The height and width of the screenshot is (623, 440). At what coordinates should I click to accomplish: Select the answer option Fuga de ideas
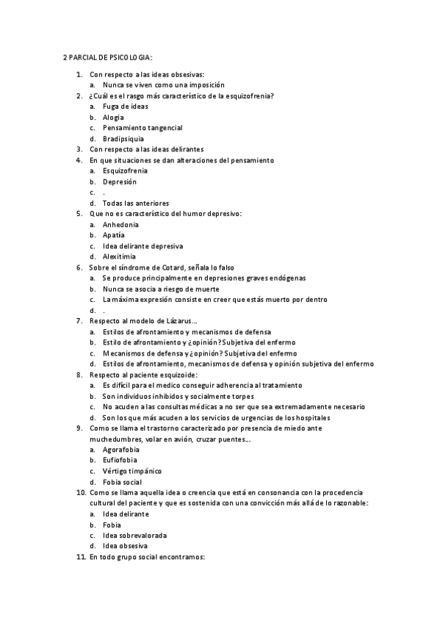125,107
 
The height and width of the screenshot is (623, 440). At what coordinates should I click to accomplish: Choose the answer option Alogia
113,118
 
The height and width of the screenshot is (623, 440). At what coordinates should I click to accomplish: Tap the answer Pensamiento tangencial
143,128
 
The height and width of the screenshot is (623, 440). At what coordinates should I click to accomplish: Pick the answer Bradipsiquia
123,139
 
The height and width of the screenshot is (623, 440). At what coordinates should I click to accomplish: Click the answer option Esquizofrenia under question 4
125,170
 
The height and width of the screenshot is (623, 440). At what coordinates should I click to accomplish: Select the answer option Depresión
120,181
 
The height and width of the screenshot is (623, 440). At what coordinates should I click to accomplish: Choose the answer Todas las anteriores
136,203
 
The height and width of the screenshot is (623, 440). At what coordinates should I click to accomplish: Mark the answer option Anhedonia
120,224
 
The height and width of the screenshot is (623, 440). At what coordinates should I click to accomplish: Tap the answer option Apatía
115,235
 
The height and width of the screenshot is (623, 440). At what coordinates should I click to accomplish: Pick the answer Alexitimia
120,256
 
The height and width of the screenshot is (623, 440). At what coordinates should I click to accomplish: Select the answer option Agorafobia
122,449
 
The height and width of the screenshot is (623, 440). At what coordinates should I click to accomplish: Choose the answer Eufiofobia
121,460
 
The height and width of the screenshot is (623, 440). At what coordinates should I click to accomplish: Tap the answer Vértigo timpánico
132,471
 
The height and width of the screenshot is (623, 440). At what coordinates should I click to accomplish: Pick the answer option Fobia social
122,482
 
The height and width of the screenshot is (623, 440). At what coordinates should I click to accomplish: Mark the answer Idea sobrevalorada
134,536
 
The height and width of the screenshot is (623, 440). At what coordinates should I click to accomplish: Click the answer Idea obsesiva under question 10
125,546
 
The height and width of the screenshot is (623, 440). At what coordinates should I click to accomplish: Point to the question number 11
81,558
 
